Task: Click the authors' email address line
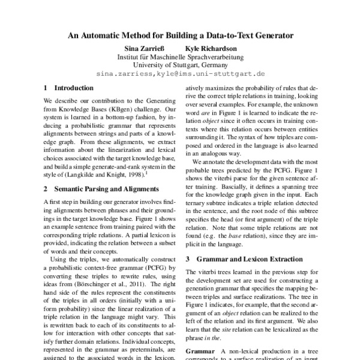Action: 180,74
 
